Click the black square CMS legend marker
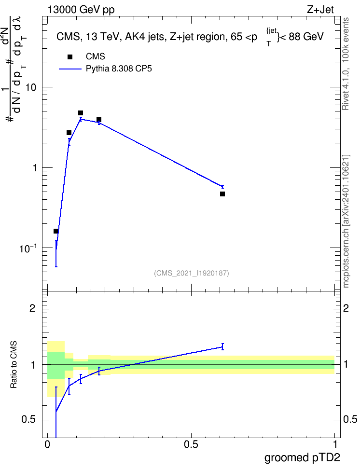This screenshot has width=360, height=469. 70,57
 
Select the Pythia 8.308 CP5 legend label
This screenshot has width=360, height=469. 119,69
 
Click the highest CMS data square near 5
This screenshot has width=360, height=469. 81,113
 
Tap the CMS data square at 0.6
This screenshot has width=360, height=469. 222,194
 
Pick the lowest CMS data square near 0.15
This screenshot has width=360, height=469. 56,231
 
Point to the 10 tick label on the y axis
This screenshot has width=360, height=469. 30,87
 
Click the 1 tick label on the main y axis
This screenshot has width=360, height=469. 35,168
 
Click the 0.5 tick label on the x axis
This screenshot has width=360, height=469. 191,444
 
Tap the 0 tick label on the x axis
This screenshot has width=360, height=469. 47,444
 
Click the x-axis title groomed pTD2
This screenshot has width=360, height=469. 302,458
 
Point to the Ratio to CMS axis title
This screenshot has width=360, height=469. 14,365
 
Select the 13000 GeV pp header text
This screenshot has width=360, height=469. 81,10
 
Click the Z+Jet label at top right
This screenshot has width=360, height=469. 320,10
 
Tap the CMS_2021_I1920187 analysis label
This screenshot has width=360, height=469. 192,273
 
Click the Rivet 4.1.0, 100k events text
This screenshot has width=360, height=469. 346,64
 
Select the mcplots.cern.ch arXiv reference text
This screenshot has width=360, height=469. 346,221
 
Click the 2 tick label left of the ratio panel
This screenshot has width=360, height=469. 32,308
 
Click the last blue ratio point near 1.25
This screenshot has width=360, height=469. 222,346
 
